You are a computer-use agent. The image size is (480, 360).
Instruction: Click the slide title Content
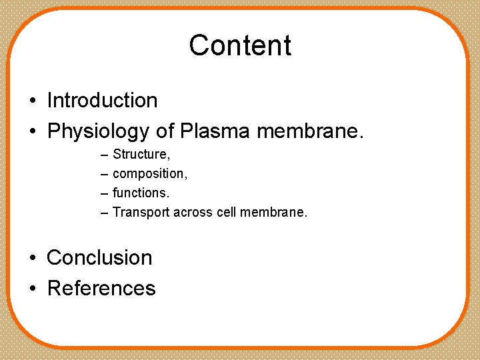coord(240,45)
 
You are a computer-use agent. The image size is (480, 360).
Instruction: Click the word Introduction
coord(102,101)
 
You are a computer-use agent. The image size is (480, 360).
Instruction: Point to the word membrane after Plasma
coord(310,131)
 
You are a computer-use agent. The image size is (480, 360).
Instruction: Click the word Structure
coord(141,155)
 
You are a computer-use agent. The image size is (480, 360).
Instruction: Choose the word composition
coord(150,174)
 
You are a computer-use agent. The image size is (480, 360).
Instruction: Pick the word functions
coord(141,193)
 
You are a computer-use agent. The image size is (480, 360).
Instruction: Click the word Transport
coord(141,213)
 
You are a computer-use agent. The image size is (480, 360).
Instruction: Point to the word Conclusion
coord(99,257)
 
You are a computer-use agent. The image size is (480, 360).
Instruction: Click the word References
coord(101,288)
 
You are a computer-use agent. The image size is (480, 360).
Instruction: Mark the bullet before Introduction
coord(32,101)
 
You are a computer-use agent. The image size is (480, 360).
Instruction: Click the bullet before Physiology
coord(32,132)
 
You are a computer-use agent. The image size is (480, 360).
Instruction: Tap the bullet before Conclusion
coord(32,258)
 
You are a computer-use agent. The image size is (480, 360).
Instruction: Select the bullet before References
coord(32,289)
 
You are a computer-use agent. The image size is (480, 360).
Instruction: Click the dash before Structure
coord(104,155)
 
